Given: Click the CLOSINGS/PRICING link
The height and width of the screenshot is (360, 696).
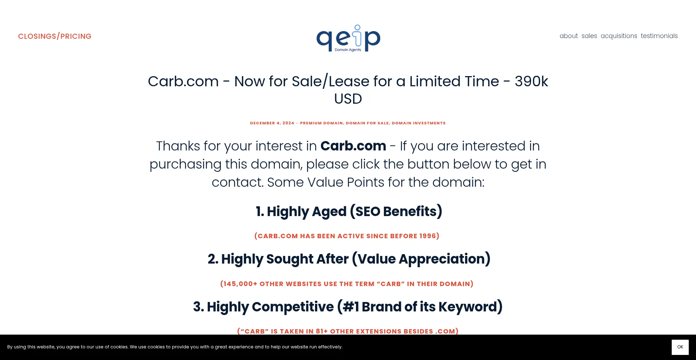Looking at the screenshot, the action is coord(55,36).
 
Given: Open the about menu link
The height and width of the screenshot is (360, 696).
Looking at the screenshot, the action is coord(568,36).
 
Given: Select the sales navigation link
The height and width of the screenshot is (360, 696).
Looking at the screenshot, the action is coord(589,36).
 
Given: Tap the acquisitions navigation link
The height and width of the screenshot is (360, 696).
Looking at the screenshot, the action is coord(619,36).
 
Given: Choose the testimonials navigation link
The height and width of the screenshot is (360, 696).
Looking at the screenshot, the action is coord(659,36).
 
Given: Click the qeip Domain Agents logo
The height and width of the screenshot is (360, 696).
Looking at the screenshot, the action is coord(348,38).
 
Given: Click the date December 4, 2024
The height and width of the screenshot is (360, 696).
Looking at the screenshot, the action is coord(272,123).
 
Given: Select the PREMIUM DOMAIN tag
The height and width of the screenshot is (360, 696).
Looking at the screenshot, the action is coord(321,123).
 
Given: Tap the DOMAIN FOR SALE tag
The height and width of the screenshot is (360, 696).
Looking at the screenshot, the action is coord(367,123).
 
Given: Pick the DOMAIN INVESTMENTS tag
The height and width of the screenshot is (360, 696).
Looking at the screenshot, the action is coord(419,123).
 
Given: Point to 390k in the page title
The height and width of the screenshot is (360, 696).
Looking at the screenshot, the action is coord(531,81).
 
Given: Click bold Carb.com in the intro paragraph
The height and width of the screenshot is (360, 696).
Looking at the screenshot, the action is coord(353,146).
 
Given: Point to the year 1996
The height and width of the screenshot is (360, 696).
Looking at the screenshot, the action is coord(427,236).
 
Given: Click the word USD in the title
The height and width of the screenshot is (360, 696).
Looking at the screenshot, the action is coord(348,99).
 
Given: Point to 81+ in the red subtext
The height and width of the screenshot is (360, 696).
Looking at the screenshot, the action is coord(322,331).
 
